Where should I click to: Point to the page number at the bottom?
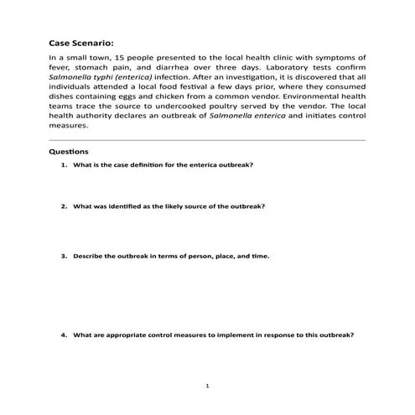[207, 386]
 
